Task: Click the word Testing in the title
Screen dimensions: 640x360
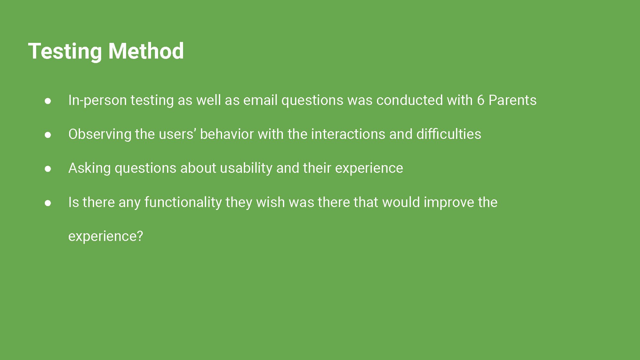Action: coord(65,52)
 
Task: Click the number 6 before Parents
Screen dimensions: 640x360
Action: coord(481,100)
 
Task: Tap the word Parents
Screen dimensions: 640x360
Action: coord(513,100)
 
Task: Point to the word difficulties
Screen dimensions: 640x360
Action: coord(449,134)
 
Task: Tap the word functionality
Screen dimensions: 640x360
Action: coord(183,203)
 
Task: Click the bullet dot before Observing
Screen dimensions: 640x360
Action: coord(48,135)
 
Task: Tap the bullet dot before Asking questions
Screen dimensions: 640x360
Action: coord(48,169)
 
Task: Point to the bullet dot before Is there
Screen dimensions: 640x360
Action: coord(48,203)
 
